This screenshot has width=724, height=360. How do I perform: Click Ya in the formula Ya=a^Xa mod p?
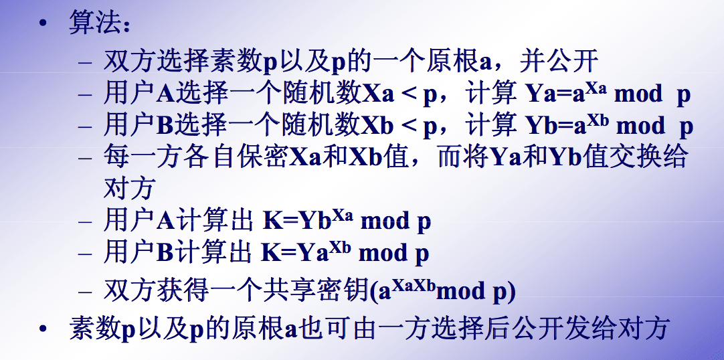click(x=541, y=94)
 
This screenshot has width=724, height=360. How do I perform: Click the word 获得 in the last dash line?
click(x=177, y=291)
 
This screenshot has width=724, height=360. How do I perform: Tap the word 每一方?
click(x=141, y=157)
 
